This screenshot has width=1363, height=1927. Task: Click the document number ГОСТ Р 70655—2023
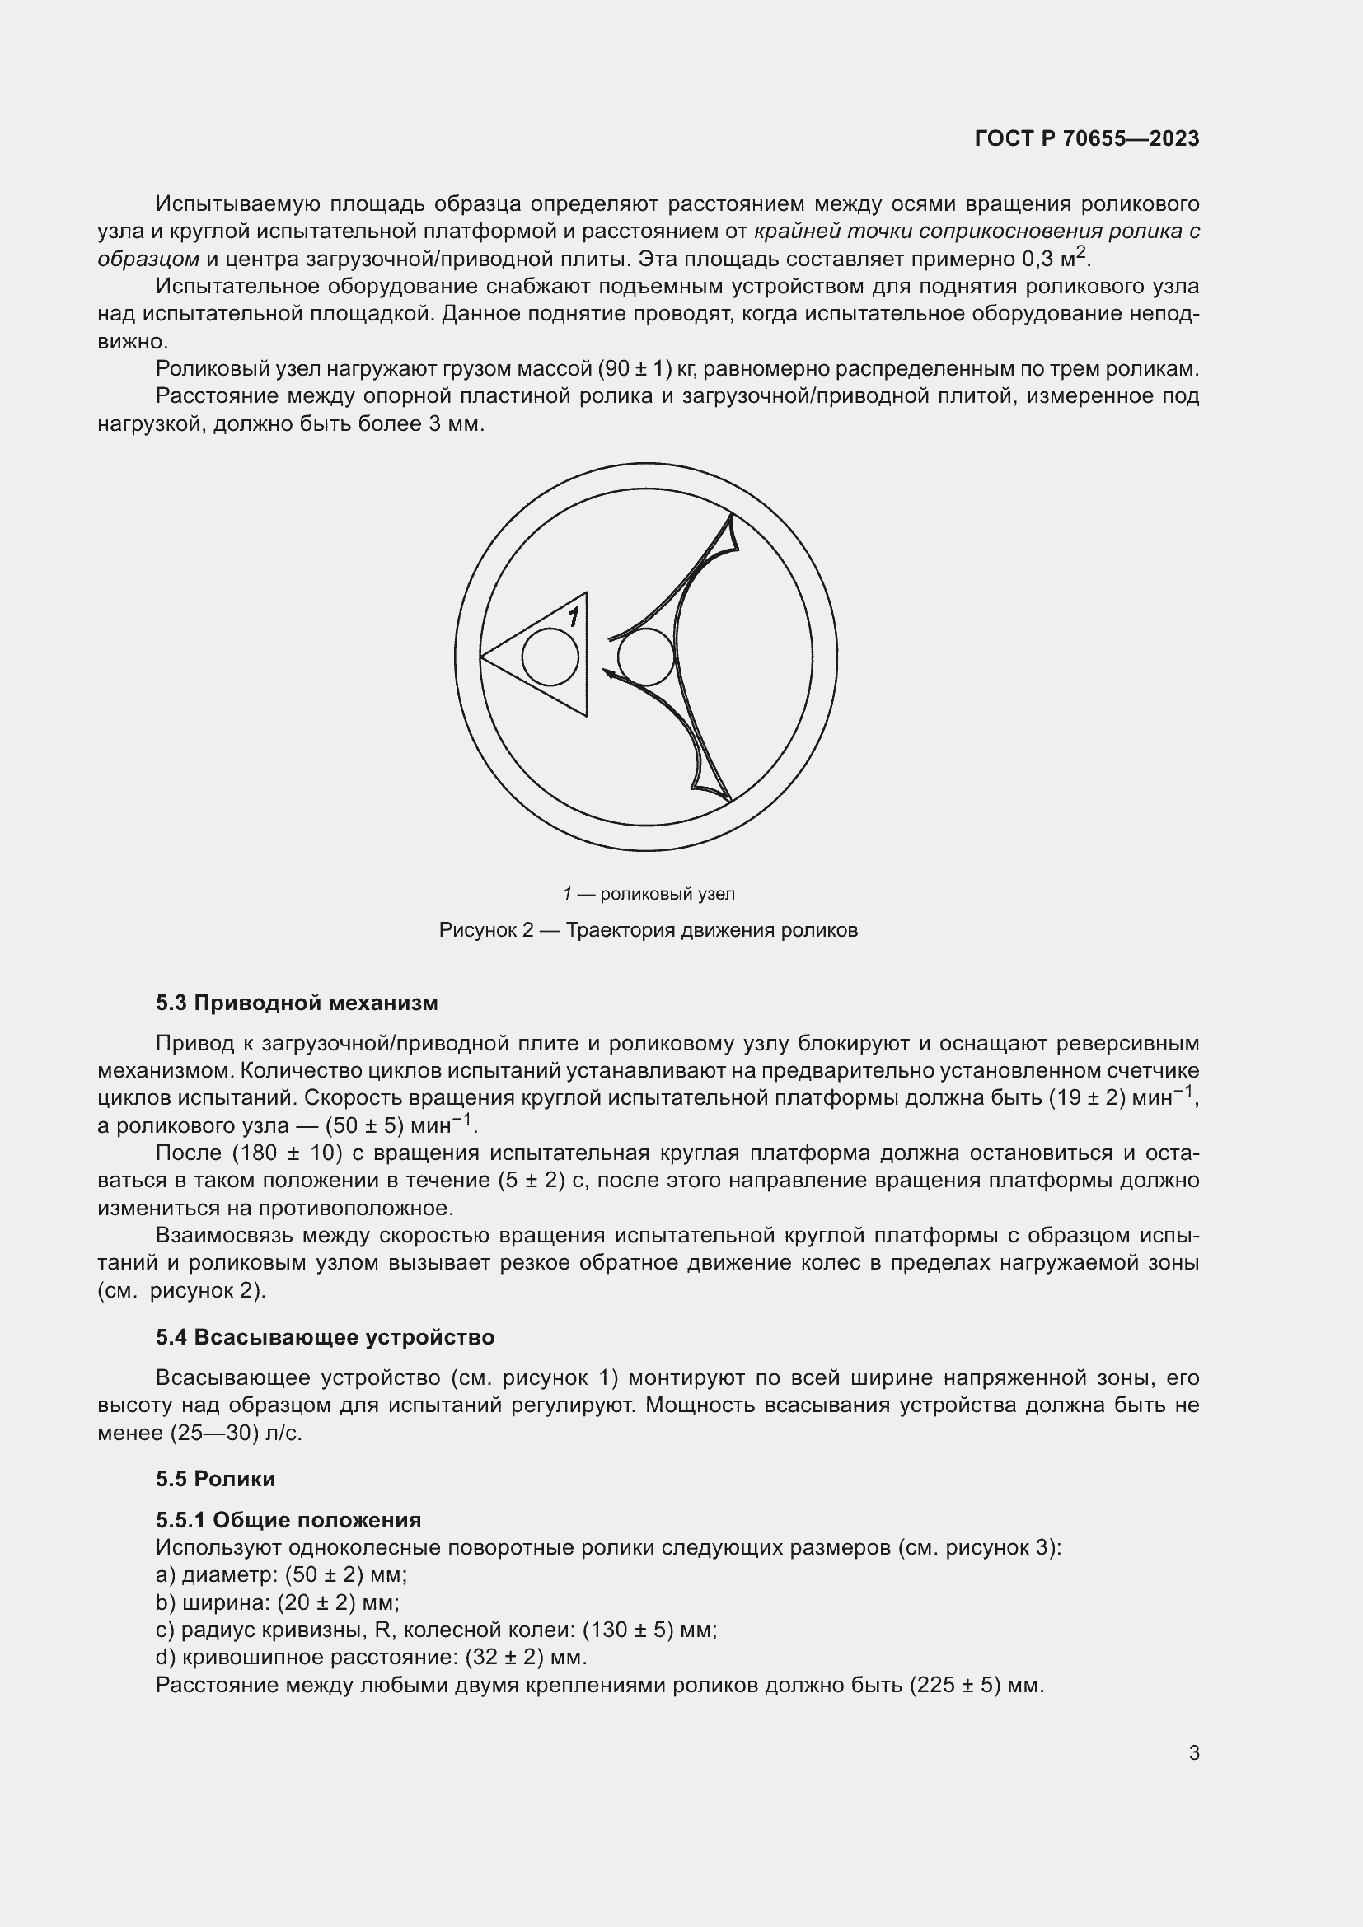1087,138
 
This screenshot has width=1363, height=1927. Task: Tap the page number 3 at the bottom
1193,1752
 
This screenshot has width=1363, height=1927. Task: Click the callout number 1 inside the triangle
574,618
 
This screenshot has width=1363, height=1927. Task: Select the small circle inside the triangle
550,657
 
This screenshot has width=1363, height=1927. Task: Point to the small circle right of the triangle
645,657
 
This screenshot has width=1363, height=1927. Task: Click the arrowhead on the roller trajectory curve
608,671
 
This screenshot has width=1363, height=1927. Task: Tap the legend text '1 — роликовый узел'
649,894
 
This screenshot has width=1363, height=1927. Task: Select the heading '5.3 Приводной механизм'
297,1002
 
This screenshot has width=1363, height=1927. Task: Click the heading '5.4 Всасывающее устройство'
325,1337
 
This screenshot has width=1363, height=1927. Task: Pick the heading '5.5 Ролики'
215,1478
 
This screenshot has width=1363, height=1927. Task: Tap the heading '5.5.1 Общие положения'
288,1520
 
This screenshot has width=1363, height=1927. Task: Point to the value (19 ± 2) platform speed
1086,1097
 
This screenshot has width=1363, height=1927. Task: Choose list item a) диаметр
281,1574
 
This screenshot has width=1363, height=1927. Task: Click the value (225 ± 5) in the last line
955,1685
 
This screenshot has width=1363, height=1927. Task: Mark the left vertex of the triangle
481,657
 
